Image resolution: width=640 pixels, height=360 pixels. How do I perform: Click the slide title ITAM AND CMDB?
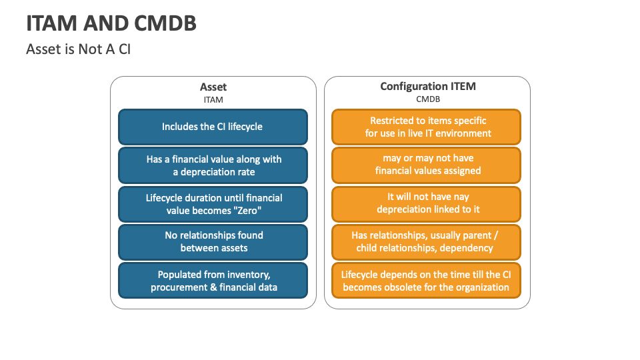tap(111, 23)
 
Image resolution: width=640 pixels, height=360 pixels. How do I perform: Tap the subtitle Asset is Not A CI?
tap(79, 49)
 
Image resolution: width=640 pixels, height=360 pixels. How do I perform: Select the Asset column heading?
tap(213, 87)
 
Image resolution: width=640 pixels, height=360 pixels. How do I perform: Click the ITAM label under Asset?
tap(213, 99)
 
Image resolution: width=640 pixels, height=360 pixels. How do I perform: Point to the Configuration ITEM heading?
tap(428, 87)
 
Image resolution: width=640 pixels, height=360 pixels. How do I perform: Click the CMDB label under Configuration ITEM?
tap(428, 99)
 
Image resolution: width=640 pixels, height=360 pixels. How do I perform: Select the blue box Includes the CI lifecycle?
tap(213, 127)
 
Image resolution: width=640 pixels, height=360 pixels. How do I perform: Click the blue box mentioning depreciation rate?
tap(213, 165)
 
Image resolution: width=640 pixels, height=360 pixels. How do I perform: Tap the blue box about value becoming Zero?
tap(213, 204)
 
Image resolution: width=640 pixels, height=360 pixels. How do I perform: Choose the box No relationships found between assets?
tap(213, 242)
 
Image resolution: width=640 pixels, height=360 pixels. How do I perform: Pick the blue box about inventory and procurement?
tap(213, 281)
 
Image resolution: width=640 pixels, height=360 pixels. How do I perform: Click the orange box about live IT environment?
tap(426, 127)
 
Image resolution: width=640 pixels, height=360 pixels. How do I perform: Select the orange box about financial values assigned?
tap(426, 165)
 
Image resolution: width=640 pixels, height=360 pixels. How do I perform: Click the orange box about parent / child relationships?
tap(426, 242)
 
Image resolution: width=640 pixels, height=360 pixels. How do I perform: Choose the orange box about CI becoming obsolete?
tap(426, 281)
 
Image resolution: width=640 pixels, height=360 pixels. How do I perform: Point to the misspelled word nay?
tap(461, 197)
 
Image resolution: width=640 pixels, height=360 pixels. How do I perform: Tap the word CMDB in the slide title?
tap(165, 23)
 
